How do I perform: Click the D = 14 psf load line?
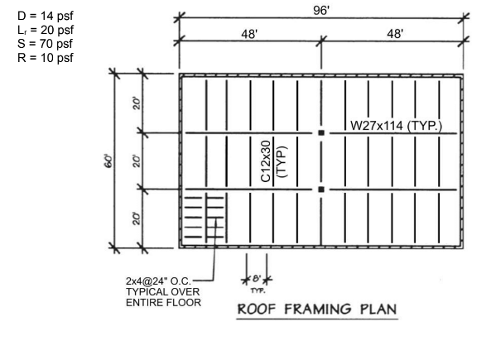pos(46,16)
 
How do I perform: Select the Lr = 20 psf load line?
pos(46,30)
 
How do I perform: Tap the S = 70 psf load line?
pos(45,44)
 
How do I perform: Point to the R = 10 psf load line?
pos(46,58)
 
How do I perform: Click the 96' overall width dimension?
pos(321,11)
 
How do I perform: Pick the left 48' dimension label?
pos(249,34)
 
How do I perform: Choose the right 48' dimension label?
pos(395,33)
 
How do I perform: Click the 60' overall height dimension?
pos(108,161)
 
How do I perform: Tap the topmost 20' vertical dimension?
pos(137,103)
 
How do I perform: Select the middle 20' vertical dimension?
pos(137,161)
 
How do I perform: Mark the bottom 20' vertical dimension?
pos(137,218)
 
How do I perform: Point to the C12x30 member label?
pos(266,161)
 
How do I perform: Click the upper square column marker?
pos(321,132)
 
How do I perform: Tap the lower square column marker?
pos(321,190)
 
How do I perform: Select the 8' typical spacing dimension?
pos(257,278)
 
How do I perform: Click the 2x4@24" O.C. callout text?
pos(158,281)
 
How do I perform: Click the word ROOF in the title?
pos(257,310)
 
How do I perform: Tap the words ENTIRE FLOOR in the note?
pos(163,303)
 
